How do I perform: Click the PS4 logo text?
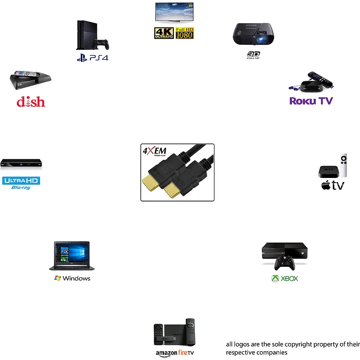pyautogui.click(x=93, y=58)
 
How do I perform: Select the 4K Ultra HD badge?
pyautogui.click(x=164, y=33)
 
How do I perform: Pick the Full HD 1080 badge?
pyautogui.click(x=185, y=33)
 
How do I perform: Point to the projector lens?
pyautogui.click(x=262, y=40)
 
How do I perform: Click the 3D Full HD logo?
pyautogui.click(x=253, y=55)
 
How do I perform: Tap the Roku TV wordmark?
pyautogui.click(x=311, y=101)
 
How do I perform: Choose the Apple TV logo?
pyautogui.click(x=332, y=186)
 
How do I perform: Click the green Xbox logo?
pyautogui.click(x=284, y=279)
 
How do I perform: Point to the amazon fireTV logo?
pyautogui.click(x=175, y=353)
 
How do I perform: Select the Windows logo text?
pyautogui.click(x=73, y=278)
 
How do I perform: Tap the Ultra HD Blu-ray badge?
pyautogui.click(x=21, y=183)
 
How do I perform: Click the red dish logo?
pyautogui.click(x=31, y=101)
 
